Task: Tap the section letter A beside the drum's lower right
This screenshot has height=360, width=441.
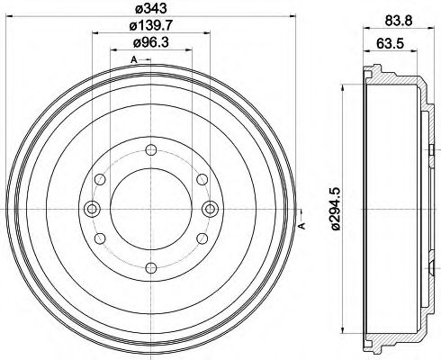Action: [x=302, y=225]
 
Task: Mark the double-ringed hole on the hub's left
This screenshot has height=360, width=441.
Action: [x=90, y=210]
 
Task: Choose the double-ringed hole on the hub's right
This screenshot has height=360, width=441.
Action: [x=209, y=210]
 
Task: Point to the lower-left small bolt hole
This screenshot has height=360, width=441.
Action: [x=102, y=238]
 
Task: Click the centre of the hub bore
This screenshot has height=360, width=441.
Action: [x=149, y=210]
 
